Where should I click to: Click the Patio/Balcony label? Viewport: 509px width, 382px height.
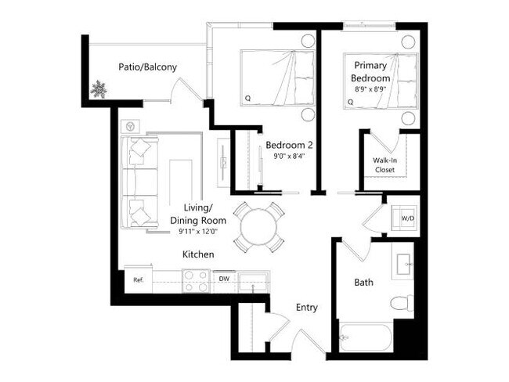pyautogui.click(x=147, y=67)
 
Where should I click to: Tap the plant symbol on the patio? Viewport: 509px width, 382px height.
pyautogui.click(x=99, y=89)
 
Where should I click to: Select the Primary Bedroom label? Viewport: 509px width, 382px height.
pyautogui.click(x=371, y=71)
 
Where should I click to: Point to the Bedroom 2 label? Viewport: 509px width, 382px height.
pyautogui.click(x=289, y=145)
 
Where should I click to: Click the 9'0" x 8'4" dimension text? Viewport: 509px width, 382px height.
pyautogui.click(x=289, y=157)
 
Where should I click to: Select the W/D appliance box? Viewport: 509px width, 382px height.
pyautogui.click(x=408, y=217)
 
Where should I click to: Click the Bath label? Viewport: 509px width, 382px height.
pyautogui.click(x=363, y=281)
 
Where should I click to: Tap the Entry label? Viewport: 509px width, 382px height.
pyautogui.click(x=306, y=308)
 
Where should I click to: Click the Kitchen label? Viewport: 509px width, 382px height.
pyautogui.click(x=198, y=255)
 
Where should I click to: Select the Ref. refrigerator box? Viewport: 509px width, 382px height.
pyautogui.click(x=138, y=279)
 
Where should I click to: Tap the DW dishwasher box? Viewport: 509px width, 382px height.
pyautogui.click(x=223, y=279)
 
